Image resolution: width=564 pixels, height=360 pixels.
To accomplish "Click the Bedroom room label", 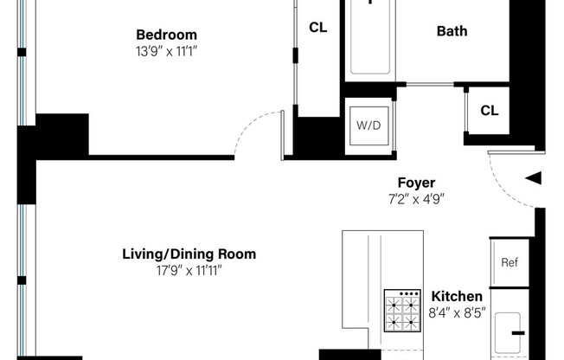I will tap(166, 35).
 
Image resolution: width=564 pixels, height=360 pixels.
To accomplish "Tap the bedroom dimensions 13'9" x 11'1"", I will tap(166, 50).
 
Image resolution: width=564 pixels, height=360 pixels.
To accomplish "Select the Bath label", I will tap(452, 31).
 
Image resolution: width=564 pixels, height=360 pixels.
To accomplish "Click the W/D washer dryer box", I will tap(369, 125).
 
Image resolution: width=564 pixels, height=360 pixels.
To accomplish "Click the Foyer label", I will tap(416, 183).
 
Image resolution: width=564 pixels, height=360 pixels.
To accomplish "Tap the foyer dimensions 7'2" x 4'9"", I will tap(416, 198).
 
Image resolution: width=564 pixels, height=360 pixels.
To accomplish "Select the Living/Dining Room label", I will tap(189, 254).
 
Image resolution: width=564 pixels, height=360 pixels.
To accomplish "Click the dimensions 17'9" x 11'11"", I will tap(189, 270).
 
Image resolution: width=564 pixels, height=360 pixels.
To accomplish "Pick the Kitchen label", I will tap(457, 296).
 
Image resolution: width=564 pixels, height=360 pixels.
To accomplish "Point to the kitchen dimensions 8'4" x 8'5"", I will tap(457, 312).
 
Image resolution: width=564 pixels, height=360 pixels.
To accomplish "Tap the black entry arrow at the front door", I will tap(534, 178).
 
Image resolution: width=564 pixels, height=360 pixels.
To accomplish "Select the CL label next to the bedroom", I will tap(317, 28).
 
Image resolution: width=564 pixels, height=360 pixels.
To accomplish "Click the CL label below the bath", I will tap(489, 111).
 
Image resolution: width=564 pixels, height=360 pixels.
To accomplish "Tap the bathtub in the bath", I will tap(370, 39).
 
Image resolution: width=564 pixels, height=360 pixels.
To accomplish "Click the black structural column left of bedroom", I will tap(61, 135).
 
